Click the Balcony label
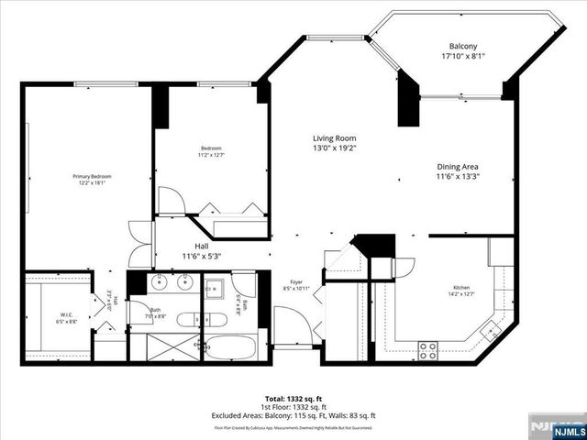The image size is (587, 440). [461, 46]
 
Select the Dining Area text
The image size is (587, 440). [458, 167]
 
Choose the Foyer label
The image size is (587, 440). [297, 281]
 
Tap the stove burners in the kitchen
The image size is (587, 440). [427, 349]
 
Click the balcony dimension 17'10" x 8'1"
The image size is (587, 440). [461, 56]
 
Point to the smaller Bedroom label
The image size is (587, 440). [211, 148]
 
